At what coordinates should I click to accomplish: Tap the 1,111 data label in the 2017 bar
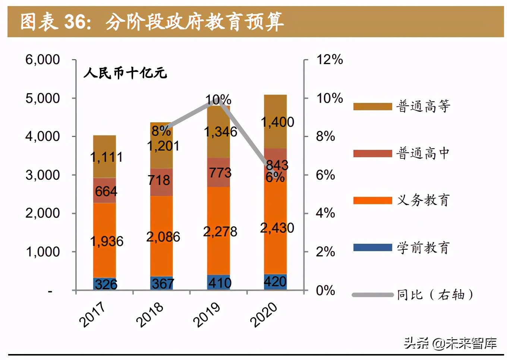pos(106,157)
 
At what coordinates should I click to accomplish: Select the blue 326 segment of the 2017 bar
pos(104,284)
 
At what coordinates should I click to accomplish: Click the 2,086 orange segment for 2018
pos(161,236)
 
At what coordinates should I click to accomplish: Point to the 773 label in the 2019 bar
pos(220,173)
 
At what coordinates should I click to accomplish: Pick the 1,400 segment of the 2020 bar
pos(275,121)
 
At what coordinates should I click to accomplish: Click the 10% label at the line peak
pos(218,100)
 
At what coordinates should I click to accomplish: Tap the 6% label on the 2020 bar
pos(275,177)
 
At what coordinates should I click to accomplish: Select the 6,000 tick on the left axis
pos(42,60)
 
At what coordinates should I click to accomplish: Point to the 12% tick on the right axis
pos(330,60)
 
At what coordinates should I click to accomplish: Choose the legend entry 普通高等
pos(401,106)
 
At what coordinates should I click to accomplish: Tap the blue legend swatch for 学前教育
pos(372,247)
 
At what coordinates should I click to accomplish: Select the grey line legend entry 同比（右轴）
pos(413,295)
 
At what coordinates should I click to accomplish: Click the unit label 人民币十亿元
pos(125,73)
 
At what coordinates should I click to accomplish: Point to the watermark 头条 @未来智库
pos(450,343)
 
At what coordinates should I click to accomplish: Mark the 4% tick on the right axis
pos(325,213)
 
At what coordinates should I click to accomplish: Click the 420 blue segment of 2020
pos(275,282)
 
